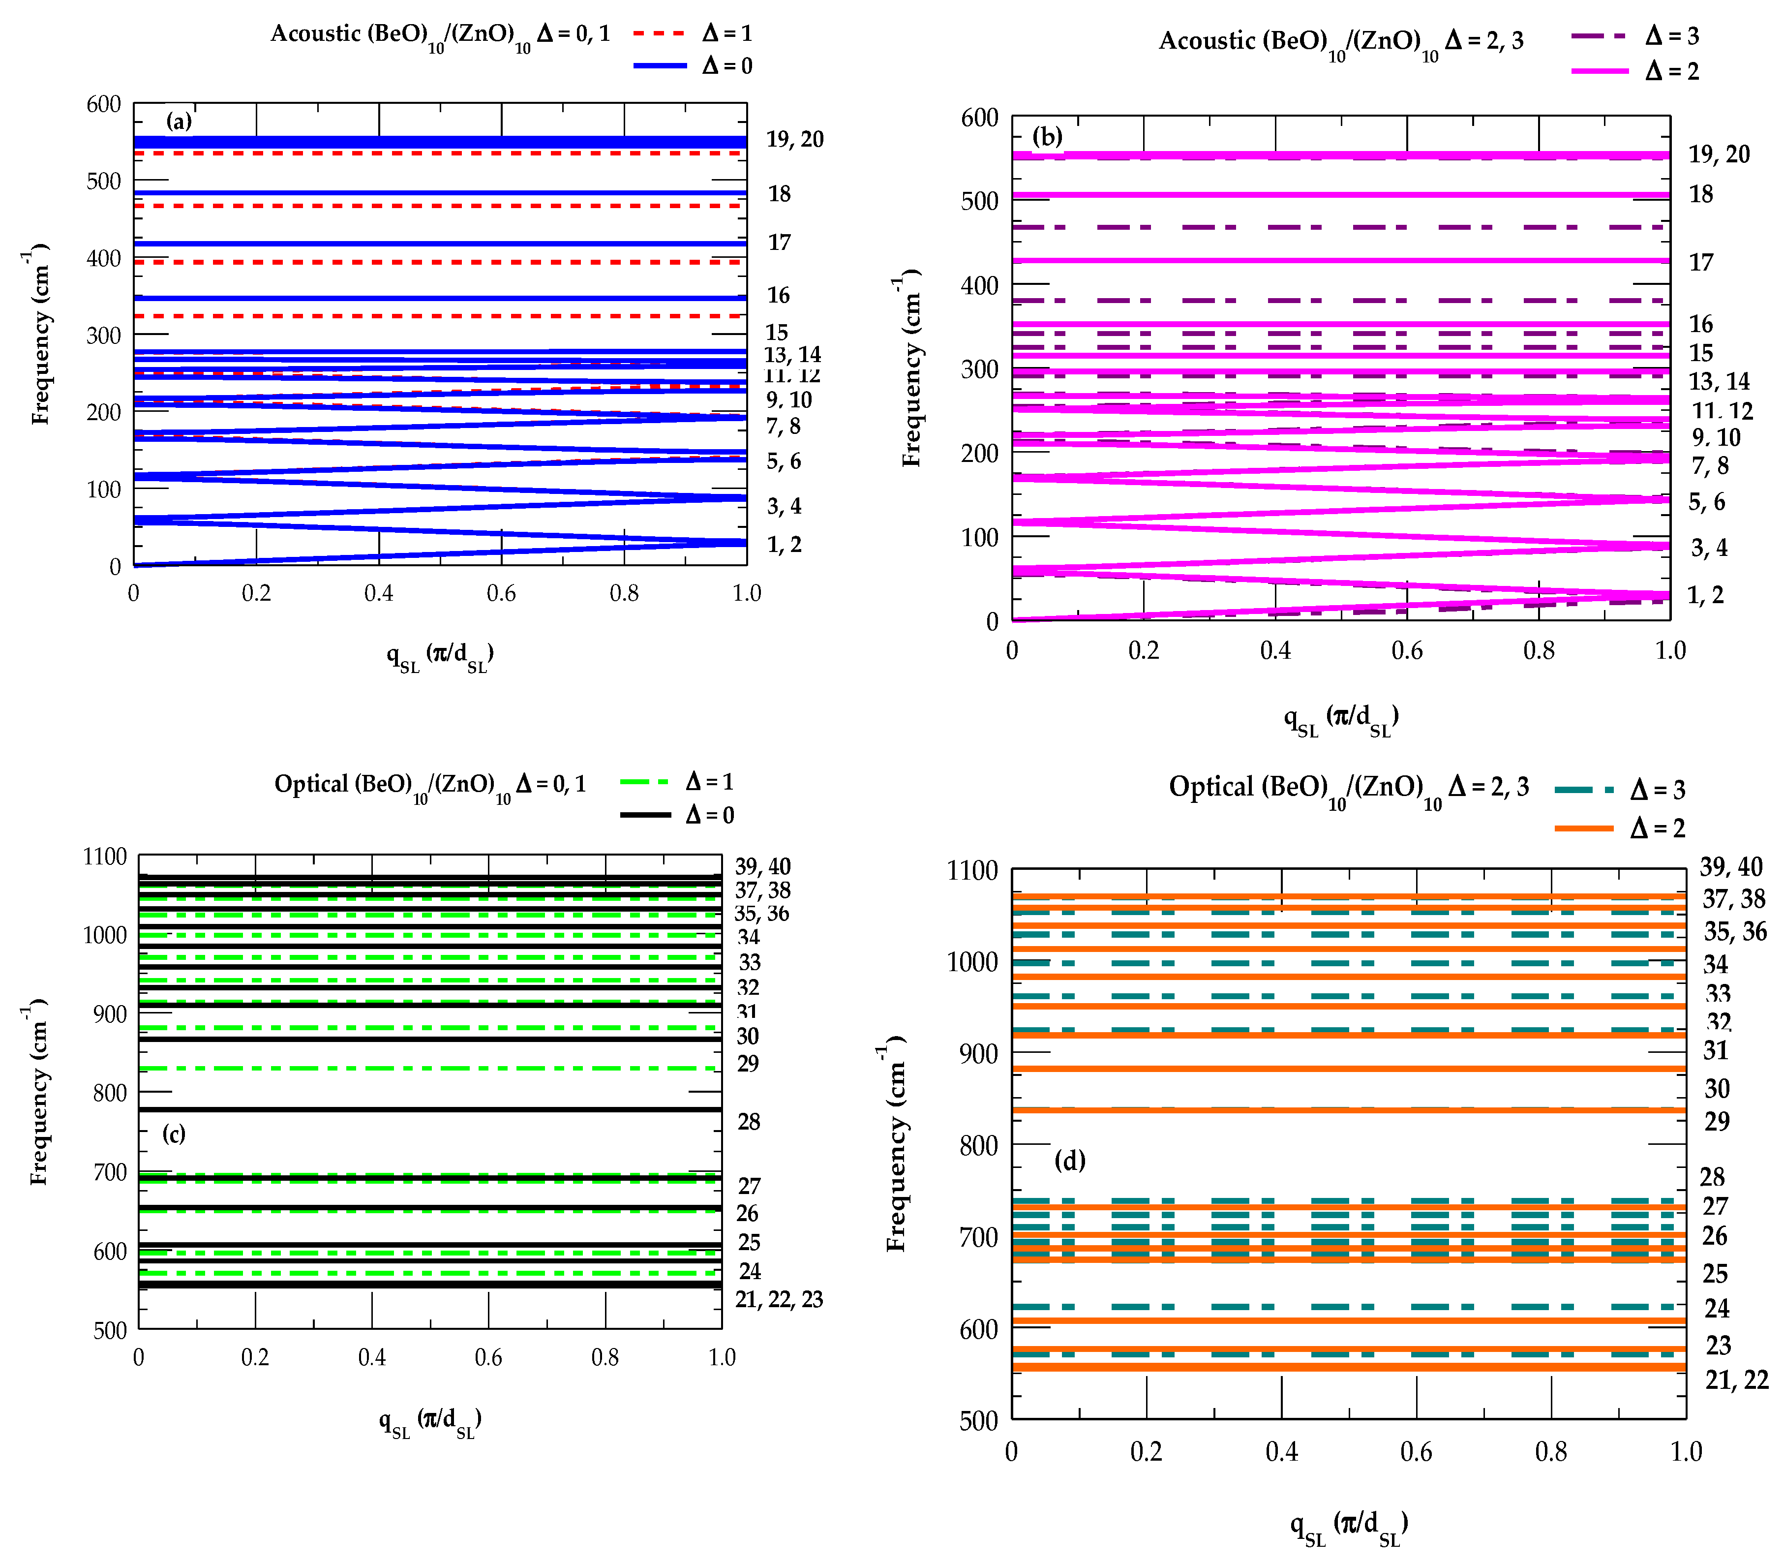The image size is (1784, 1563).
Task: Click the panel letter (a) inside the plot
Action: (179, 121)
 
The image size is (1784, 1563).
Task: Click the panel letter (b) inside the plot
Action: (1046, 136)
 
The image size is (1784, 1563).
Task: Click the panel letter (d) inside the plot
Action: (1069, 1161)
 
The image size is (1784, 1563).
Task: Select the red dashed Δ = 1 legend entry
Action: (693, 33)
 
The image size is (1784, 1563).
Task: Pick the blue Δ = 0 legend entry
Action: (693, 65)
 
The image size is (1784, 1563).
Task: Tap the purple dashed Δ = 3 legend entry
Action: (1635, 36)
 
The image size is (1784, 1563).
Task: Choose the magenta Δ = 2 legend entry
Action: (1635, 71)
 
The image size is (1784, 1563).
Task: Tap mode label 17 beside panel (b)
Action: (1700, 262)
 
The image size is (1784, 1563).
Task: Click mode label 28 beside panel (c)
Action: (748, 1122)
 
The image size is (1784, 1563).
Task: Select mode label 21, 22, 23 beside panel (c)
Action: (779, 1300)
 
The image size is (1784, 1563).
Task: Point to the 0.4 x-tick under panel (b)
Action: (1275, 651)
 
